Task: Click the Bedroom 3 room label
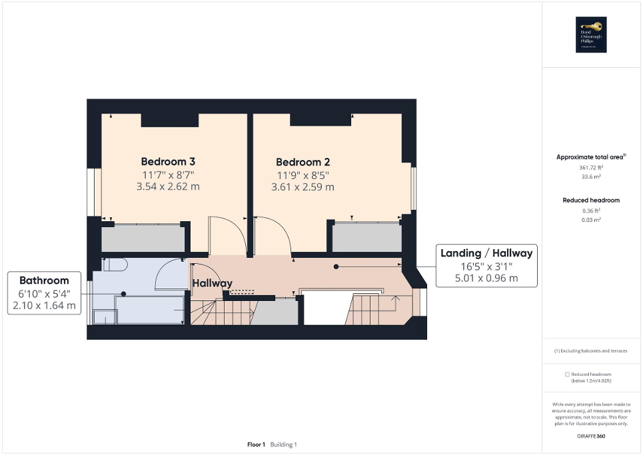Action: pyautogui.click(x=168, y=161)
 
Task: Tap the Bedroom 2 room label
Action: pyautogui.click(x=303, y=162)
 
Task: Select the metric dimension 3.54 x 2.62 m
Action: pyautogui.click(x=168, y=187)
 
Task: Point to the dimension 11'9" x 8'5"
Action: pyautogui.click(x=303, y=175)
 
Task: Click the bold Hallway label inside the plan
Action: pyautogui.click(x=213, y=283)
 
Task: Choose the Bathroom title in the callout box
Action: pyautogui.click(x=44, y=280)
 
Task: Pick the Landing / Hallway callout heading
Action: pyautogui.click(x=486, y=253)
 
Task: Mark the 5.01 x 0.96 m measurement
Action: pyautogui.click(x=486, y=278)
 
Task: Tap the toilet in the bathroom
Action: pyautogui.click(x=115, y=264)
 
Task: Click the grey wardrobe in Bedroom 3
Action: pyautogui.click(x=142, y=238)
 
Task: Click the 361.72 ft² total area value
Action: pyautogui.click(x=591, y=168)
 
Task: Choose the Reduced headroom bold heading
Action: pyautogui.click(x=591, y=200)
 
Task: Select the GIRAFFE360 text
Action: pyautogui.click(x=591, y=436)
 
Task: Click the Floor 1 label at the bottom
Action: pyautogui.click(x=257, y=444)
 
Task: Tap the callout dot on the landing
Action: pyautogui.click(x=336, y=266)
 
